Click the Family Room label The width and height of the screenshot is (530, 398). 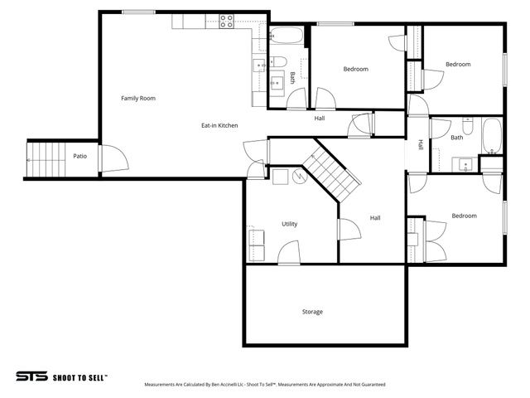click(137, 99)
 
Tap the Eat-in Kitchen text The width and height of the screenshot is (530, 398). click(219, 125)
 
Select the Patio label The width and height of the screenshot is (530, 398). click(79, 156)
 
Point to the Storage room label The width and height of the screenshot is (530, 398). click(312, 312)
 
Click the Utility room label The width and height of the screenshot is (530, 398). click(289, 224)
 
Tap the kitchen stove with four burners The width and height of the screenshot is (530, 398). click(226, 23)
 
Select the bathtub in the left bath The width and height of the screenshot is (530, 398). click(288, 36)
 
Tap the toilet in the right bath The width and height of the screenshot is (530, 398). click(467, 128)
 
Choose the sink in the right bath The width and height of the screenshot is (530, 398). click(465, 163)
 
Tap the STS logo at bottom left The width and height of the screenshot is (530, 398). click(31, 376)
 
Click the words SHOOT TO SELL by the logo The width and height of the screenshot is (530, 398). click(79, 376)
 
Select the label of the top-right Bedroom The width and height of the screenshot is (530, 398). click(458, 65)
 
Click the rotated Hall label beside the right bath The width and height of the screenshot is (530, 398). click(421, 144)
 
